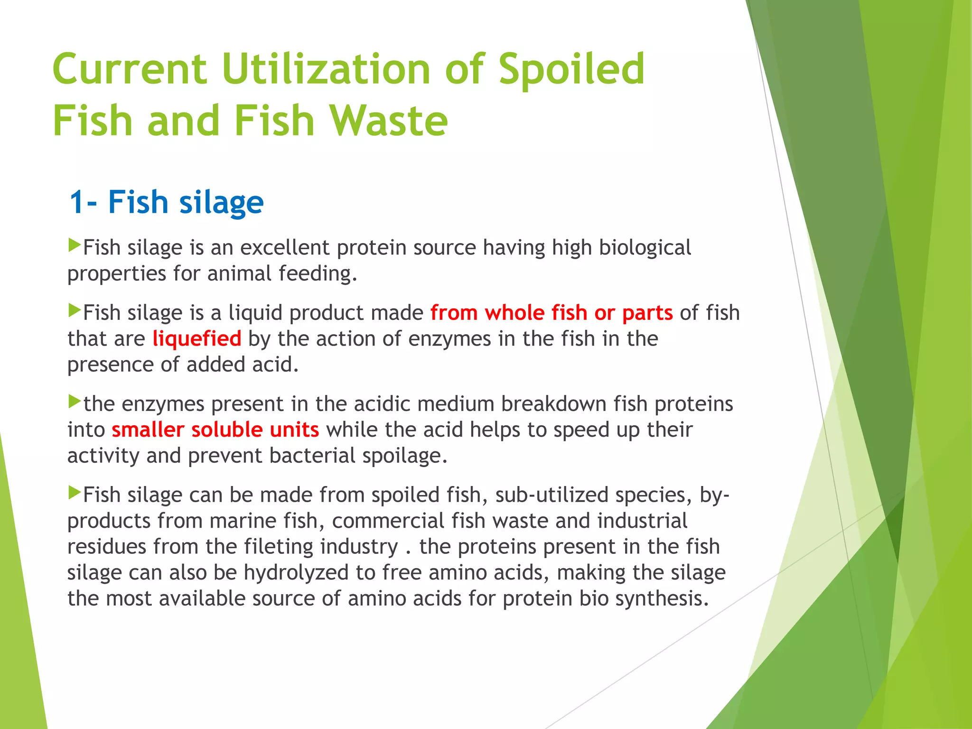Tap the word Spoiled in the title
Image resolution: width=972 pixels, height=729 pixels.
(x=571, y=69)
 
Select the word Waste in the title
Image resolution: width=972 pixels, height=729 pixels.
(x=389, y=121)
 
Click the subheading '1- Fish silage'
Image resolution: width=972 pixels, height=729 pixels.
(x=167, y=202)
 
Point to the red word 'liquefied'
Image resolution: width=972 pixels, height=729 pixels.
(x=197, y=339)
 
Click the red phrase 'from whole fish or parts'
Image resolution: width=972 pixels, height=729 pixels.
(x=551, y=313)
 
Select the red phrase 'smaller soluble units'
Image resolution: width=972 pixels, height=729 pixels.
(x=215, y=430)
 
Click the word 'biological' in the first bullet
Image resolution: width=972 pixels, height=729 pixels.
(x=645, y=248)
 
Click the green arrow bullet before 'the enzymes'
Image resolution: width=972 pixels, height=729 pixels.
(x=75, y=402)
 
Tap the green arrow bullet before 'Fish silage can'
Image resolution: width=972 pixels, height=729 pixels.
(x=75, y=492)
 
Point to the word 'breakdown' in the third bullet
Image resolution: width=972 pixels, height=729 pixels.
(x=553, y=404)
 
